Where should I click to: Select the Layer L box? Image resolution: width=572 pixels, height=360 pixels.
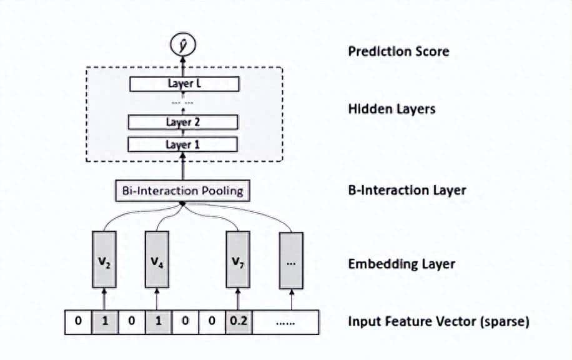click(183, 84)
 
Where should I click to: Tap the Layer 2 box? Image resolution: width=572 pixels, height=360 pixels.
click(183, 122)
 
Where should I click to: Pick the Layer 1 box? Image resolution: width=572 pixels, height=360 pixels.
click(183, 144)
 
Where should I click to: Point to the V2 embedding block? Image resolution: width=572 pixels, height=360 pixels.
click(104, 259)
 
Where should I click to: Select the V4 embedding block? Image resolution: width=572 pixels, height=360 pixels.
click(157, 259)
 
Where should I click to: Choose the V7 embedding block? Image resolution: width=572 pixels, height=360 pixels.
click(237, 259)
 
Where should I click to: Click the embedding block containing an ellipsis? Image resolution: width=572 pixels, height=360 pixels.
click(290, 259)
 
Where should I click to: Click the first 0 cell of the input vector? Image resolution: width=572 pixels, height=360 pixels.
click(78, 322)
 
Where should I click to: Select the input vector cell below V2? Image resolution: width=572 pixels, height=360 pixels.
click(104, 322)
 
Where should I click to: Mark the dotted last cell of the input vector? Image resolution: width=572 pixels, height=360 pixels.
click(284, 322)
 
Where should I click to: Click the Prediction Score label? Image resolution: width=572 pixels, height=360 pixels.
click(398, 51)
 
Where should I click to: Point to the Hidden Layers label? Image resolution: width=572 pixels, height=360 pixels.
click(392, 109)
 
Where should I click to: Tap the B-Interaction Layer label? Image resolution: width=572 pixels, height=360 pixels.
click(407, 190)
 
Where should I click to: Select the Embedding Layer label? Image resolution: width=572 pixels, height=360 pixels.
click(402, 264)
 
